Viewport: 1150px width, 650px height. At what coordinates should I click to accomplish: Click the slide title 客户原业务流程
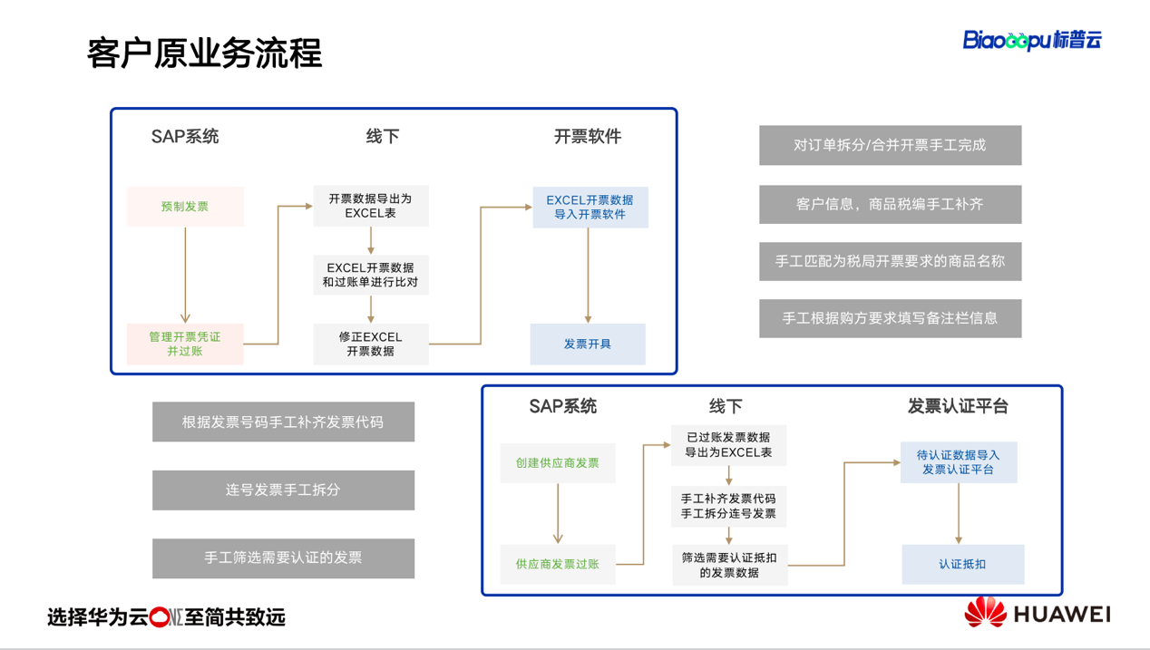click(x=204, y=53)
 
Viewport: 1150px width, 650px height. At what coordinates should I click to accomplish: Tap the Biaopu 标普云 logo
click(x=1032, y=40)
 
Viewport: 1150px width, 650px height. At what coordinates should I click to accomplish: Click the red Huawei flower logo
click(x=985, y=612)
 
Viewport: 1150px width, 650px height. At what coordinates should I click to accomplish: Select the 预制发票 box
click(x=185, y=206)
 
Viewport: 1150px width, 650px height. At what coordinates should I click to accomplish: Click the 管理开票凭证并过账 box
click(x=185, y=344)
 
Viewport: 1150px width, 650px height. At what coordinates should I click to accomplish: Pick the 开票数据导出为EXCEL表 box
click(x=371, y=206)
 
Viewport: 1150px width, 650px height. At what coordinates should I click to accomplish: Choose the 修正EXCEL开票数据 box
click(x=371, y=344)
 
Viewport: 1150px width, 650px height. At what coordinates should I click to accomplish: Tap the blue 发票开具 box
click(x=588, y=344)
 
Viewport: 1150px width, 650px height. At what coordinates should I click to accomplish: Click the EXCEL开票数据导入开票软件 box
click(x=590, y=207)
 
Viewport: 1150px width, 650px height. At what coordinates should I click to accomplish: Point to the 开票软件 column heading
click(x=588, y=137)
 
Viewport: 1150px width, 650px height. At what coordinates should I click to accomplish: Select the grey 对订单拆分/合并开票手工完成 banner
click(x=891, y=145)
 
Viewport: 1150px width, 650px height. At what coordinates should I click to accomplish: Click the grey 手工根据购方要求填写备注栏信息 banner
click(x=891, y=318)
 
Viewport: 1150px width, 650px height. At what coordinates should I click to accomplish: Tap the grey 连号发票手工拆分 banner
click(x=283, y=490)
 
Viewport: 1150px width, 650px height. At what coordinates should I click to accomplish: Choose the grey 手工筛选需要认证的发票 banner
click(x=283, y=558)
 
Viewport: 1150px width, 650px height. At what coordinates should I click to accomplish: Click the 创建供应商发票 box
click(x=558, y=462)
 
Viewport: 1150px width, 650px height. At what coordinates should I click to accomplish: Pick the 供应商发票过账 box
click(x=558, y=564)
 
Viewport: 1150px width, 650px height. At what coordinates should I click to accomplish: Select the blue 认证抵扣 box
click(x=962, y=564)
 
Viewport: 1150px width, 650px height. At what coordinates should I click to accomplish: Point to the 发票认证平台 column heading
click(x=958, y=406)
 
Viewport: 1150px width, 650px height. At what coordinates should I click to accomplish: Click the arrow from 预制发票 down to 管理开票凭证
click(x=185, y=275)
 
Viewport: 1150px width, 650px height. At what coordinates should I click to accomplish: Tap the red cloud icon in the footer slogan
click(x=159, y=617)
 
